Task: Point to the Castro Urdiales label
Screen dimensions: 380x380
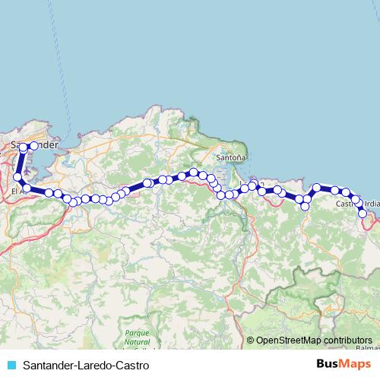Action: pos(358,204)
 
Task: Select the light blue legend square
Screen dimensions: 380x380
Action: pos(11,366)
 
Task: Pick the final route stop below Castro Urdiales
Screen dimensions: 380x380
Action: pos(363,214)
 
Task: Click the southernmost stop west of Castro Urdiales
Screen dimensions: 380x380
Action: pos(306,206)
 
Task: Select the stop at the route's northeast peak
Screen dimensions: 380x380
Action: pos(317,187)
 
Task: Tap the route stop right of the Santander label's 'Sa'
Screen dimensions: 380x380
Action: pos(34,145)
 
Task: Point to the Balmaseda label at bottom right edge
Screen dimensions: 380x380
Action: pos(368,349)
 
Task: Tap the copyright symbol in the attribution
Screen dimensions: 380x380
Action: pos(251,340)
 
